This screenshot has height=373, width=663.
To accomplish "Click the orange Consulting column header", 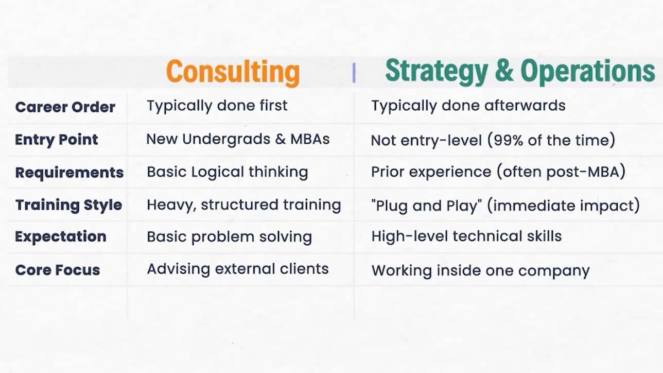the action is [x=233, y=72].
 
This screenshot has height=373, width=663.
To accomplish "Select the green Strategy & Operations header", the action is [x=520, y=71].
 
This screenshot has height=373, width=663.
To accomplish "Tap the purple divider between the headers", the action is [x=354, y=73].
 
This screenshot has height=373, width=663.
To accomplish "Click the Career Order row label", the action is [x=65, y=107].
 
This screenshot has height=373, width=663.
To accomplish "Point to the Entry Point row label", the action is [x=56, y=140].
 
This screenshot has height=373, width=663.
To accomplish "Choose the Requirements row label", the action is [x=69, y=173].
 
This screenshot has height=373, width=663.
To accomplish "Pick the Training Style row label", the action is [x=68, y=205].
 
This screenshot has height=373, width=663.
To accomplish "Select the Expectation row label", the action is [x=61, y=236].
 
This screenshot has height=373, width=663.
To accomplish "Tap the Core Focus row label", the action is [x=58, y=270].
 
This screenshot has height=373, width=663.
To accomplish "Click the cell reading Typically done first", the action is [x=217, y=106].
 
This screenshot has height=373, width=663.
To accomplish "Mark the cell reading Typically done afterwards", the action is [x=468, y=106].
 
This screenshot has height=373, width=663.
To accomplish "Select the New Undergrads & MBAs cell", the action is [x=238, y=139].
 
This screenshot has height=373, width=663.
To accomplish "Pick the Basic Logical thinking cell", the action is [x=228, y=172].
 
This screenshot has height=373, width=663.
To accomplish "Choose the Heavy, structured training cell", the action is [x=244, y=205].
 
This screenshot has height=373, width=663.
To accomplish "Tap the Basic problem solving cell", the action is [x=230, y=237].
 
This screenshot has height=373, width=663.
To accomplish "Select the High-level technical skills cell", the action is [x=466, y=236].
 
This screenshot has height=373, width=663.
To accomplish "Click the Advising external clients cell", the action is [x=238, y=269].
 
